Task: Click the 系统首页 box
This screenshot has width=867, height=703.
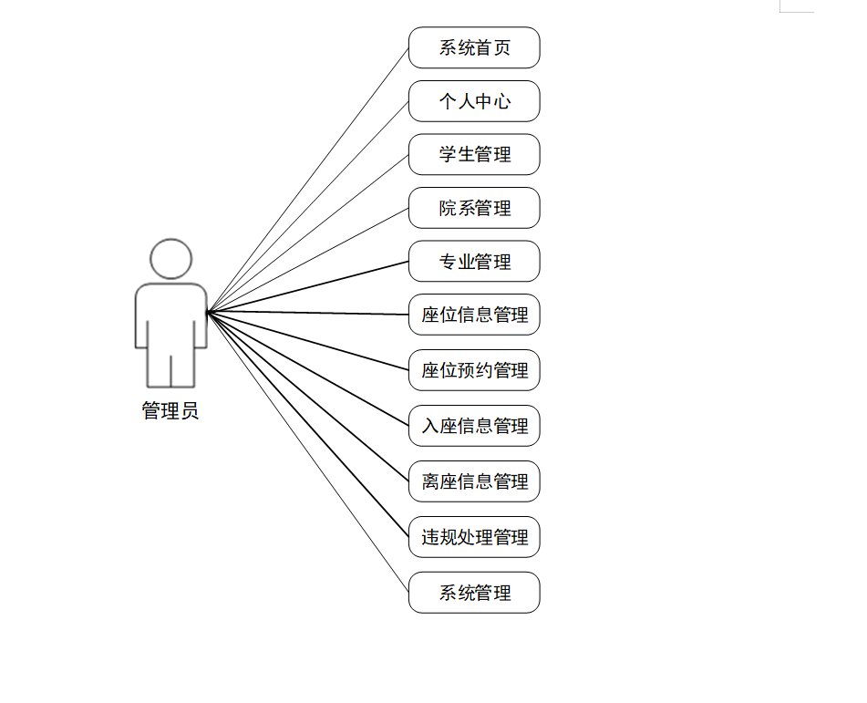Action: coord(474,47)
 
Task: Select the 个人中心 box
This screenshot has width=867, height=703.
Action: coord(474,101)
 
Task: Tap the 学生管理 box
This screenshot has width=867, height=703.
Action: coord(474,154)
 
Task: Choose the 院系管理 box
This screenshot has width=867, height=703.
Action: coord(474,208)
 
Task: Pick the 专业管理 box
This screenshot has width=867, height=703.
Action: coord(474,262)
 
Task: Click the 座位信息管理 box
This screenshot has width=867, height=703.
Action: coord(474,315)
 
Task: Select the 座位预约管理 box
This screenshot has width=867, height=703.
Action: coord(474,370)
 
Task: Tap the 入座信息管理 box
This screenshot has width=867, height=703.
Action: coord(474,426)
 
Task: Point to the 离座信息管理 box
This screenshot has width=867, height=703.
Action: coord(474,481)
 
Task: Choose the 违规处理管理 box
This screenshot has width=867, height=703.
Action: coord(474,537)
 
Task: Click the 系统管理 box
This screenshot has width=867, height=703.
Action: coord(474,593)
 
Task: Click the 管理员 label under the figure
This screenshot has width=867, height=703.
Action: coord(170,411)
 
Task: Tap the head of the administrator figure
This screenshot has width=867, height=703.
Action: coord(171,259)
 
